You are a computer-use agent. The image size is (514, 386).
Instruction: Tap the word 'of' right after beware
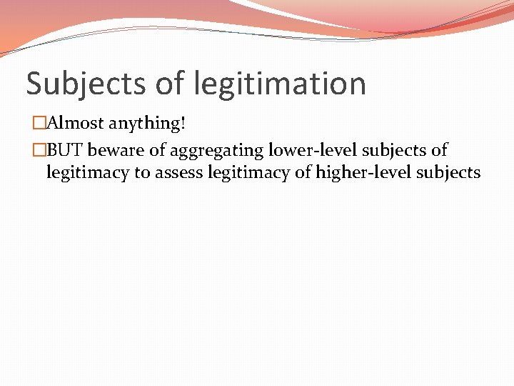tap(156, 150)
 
